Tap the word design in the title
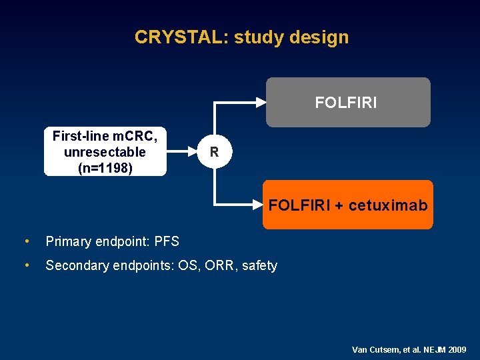319,37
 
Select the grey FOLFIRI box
347,102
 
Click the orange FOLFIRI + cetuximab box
347,205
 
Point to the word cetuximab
388,205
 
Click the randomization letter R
214,152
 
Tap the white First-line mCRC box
105,152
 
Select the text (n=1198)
105,168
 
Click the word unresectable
105,152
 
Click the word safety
259,265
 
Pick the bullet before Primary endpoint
25,241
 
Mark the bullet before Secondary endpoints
25,265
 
